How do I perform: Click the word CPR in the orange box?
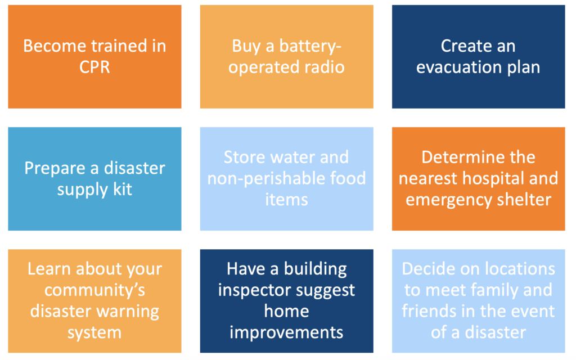[94, 67]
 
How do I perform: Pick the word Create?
[464, 46]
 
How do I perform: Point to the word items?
[286, 200]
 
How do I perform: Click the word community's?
[94, 291]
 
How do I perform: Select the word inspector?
[254, 291]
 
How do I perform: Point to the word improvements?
[286, 333]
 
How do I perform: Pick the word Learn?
[49, 269]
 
